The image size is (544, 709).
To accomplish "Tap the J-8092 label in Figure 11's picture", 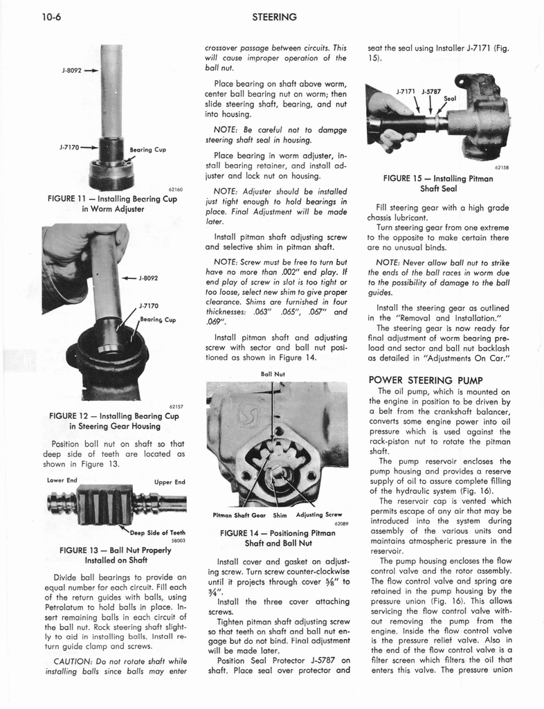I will (x=71, y=70).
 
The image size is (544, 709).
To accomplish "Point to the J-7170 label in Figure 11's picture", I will (x=71, y=147).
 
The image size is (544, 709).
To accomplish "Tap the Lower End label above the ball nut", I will (x=62, y=481).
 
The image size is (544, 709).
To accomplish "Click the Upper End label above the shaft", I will (x=170, y=482).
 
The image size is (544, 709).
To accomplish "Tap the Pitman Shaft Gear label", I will (x=233, y=514).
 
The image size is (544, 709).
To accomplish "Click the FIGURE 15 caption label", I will (x=410, y=178).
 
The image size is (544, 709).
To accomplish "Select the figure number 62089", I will (x=338, y=524).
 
